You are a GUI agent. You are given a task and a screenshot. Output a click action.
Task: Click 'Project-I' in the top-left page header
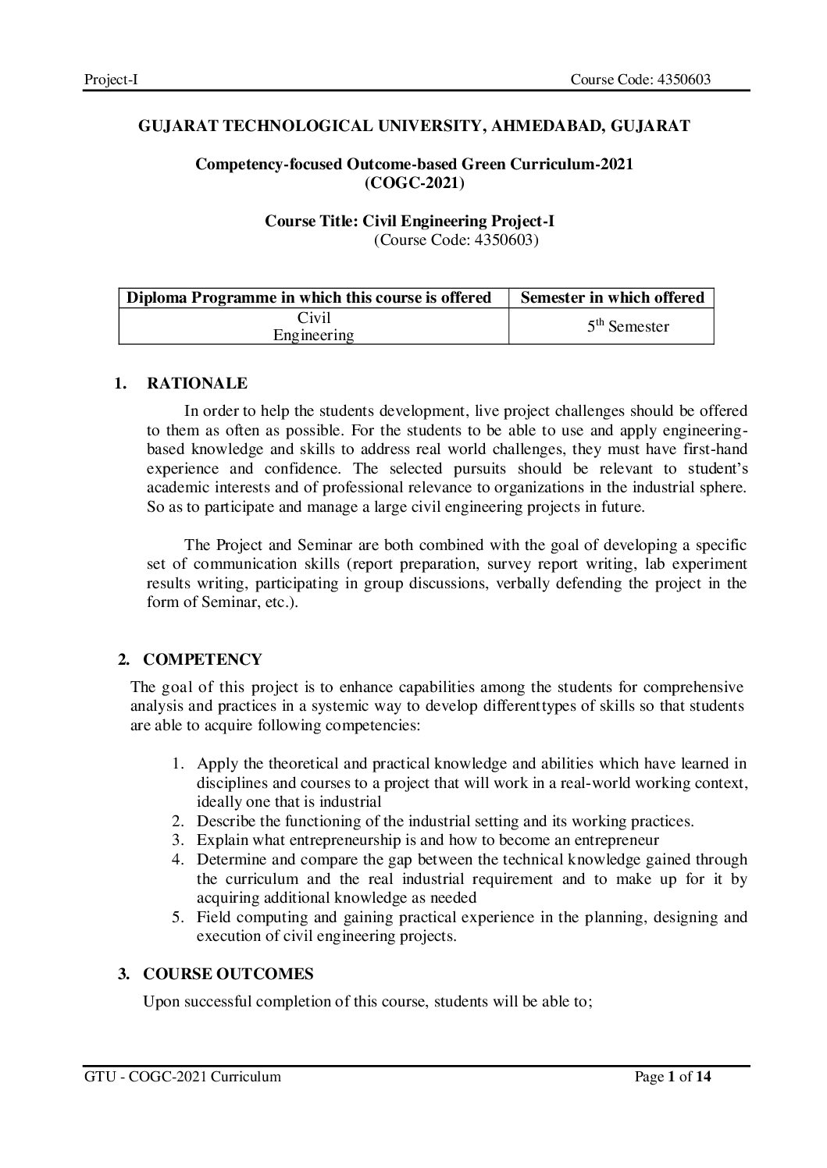tap(111, 79)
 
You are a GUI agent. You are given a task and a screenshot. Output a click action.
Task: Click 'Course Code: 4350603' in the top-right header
tap(640, 79)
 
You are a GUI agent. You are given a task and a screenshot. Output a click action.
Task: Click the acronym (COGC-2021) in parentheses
tap(414, 183)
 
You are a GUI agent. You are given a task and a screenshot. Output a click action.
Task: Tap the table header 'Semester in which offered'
tap(611, 297)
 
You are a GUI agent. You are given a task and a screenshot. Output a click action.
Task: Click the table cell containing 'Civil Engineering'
tap(314, 327)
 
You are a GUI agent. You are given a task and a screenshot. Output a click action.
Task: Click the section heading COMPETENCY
tap(203, 659)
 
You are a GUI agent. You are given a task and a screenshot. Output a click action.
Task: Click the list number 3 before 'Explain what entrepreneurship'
tap(177, 840)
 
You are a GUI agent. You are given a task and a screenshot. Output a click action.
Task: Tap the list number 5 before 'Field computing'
tap(177, 917)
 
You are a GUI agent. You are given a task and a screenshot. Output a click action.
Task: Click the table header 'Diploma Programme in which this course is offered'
tap(309, 297)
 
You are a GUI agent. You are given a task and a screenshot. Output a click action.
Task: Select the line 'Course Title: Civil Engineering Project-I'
tap(410, 222)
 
